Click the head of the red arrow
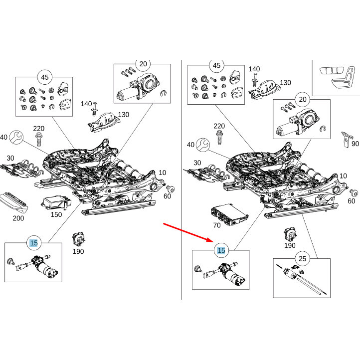point(210,240)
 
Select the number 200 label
point(18,218)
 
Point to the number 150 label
point(56,214)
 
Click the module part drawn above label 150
point(54,203)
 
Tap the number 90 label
point(355,144)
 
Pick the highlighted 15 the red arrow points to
point(221,251)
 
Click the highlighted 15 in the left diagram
point(34,243)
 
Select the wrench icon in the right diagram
point(203,145)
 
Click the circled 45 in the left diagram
point(44,77)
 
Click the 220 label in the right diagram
point(219,126)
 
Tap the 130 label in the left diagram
point(123,115)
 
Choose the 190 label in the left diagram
point(78,251)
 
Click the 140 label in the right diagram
point(254,69)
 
